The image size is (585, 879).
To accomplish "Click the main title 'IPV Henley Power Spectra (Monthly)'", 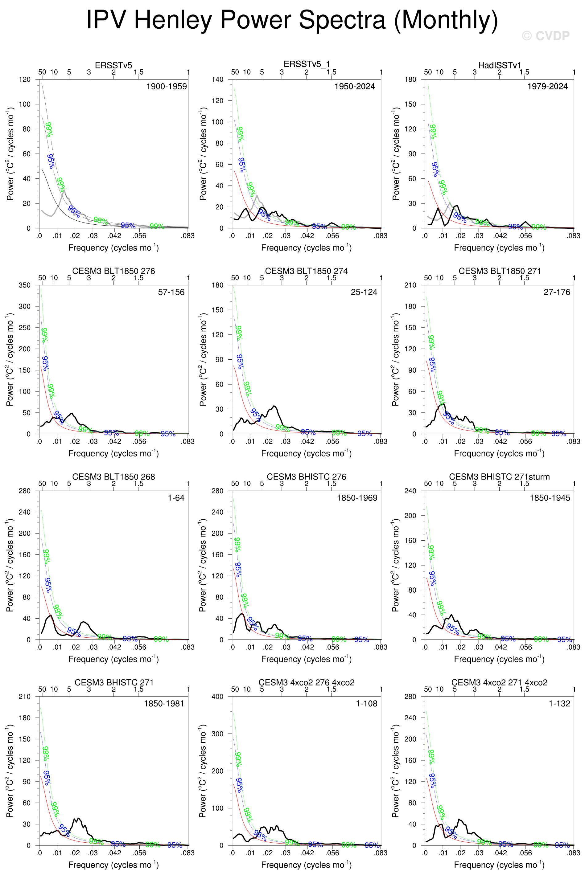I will pyautogui.click(x=292, y=19).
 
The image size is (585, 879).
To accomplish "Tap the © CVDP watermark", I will pyautogui.click(x=546, y=36).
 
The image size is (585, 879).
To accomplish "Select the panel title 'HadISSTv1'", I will pyautogui.click(x=500, y=65).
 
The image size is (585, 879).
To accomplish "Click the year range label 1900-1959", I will pyautogui.click(x=167, y=87).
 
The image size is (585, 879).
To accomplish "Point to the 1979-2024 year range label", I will pyautogui.click(x=547, y=87).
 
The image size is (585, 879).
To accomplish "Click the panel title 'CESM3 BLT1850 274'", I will pyautogui.click(x=306, y=271).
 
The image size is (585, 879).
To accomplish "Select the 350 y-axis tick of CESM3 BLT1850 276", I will pyautogui.click(x=25, y=285).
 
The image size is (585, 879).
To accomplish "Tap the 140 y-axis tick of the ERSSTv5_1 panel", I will pyautogui.click(x=217, y=80).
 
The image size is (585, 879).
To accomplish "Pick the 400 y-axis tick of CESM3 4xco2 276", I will pyautogui.click(x=217, y=697).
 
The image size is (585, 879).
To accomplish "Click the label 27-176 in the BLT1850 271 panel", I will pyautogui.click(x=557, y=292).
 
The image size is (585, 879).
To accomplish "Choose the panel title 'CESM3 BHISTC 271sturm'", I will pyautogui.click(x=499, y=477).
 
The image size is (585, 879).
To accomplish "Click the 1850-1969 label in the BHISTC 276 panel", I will pyautogui.click(x=357, y=498).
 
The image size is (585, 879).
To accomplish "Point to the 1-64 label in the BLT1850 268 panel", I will pyautogui.click(x=176, y=498).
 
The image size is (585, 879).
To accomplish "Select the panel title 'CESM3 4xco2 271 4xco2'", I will pyautogui.click(x=499, y=683).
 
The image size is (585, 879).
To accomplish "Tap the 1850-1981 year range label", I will pyautogui.click(x=164, y=704).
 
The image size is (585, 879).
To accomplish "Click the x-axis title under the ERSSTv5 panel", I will pyautogui.click(x=113, y=247).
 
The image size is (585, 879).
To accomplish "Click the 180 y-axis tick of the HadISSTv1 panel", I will pyautogui.click(x=410, y=80).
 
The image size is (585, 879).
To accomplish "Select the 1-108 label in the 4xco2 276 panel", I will pyautogui.click(x=366, y=704).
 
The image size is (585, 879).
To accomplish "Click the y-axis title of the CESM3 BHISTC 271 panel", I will pyautogui.click(x=10, y=771).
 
